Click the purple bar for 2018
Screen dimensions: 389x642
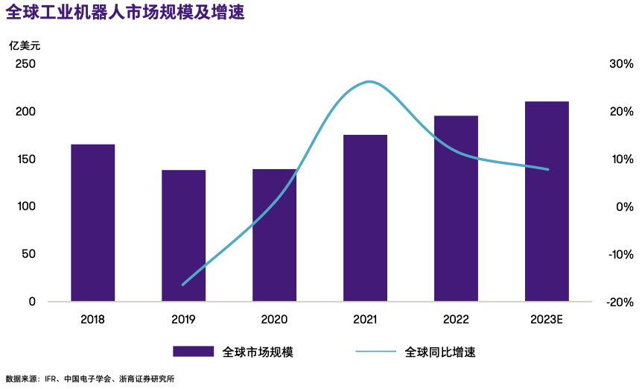[93, 223]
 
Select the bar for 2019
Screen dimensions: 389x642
[183, 235]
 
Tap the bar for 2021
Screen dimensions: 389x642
[365, 218]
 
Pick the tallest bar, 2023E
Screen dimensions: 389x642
[547, 201]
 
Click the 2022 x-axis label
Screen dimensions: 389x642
[456, 320]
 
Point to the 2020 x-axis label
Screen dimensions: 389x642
[274, 320]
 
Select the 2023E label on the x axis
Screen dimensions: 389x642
[547, 320]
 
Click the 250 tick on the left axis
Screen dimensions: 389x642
[25, 64]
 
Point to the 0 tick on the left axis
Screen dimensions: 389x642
[32, 302]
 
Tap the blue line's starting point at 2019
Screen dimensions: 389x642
[183, 285]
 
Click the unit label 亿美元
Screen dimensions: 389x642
[25, 45]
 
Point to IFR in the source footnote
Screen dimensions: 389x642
[51, 379]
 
